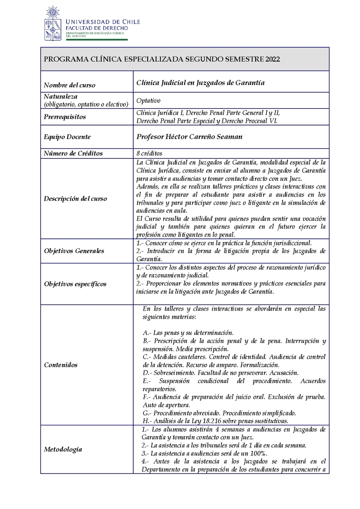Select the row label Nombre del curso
click(x=69, y=85)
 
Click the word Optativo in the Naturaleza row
click(x=148, y=101)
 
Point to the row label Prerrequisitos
click(x=65, y=117)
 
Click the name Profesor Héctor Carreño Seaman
click(x=189, y=137)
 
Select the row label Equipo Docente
click(x=67, y=137)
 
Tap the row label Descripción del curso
click(x=75, y=199)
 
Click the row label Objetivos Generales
click(x=74, y=251)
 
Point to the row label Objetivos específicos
click(x=75, y=284)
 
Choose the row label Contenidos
click(x=61, y=365)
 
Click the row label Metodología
click(x=63, y=449)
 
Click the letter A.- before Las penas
click(x=147, y=333)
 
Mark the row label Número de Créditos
click(x=73, y=153)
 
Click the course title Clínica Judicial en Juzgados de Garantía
click(x=200, y=83)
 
